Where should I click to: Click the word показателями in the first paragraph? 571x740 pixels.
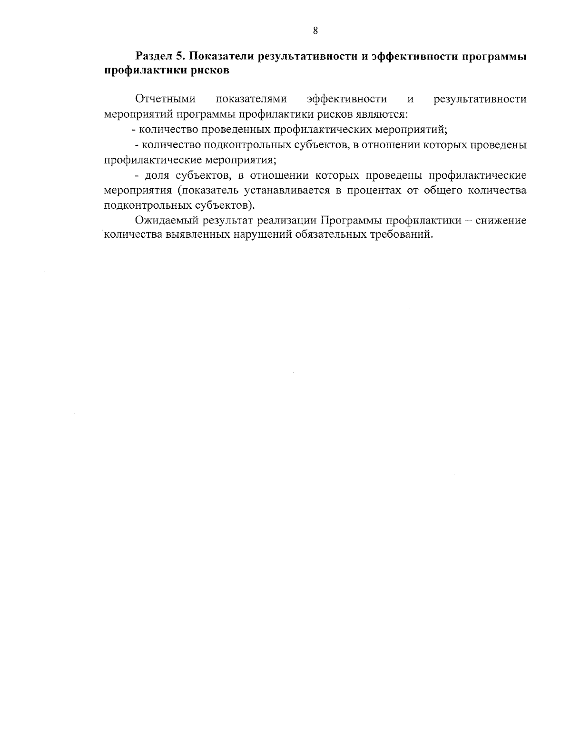251,99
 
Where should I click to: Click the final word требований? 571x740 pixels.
401,235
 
